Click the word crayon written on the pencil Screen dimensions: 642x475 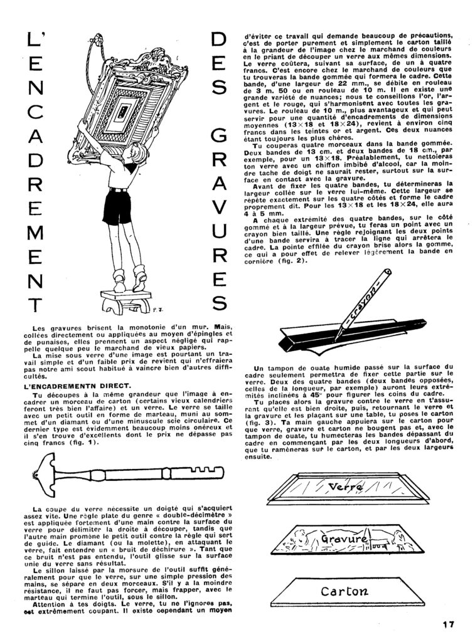368,297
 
